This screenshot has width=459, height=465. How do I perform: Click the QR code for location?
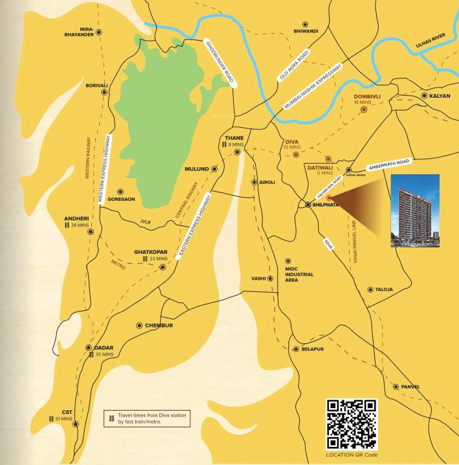tap(352, 424)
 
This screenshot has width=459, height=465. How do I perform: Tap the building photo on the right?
tap(415, 210)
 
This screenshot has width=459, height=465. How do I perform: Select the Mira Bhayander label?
tap(86, 32)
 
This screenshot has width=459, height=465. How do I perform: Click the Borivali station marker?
tap(104, 93)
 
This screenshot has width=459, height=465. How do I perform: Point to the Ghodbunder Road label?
tap(221, 64)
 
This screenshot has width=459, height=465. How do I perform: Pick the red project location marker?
tap(329, 198)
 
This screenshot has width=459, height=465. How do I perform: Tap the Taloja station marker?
tap(370, 289)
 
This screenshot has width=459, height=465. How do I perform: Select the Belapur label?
tap(312, 349)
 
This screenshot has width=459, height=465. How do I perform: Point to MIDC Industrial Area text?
tap(299, 274)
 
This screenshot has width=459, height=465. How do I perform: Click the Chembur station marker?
tap(139, 325)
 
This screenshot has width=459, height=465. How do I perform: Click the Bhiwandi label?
tap(306, 30)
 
